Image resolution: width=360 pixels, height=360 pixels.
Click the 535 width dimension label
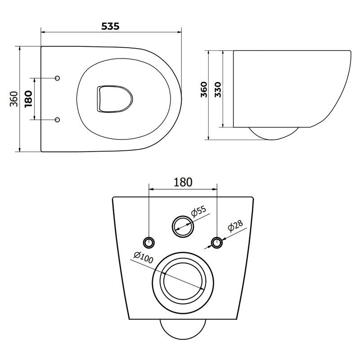pos(110,26)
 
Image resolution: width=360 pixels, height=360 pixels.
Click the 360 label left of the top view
pos(14,99)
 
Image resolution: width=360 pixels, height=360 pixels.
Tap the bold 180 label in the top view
pos(28,99)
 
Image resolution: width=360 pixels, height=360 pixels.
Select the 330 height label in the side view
pos(218,90)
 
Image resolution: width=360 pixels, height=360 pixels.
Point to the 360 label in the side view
pos(204,90)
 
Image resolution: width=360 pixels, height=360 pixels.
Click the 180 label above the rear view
pos(183,182)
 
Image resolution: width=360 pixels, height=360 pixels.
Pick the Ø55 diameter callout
pos(199,211)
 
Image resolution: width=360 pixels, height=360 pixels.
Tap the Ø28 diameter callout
pos(235,226)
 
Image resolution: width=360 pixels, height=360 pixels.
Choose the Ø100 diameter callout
pos(144,257)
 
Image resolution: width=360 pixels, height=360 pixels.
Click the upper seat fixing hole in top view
pos(58,78)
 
